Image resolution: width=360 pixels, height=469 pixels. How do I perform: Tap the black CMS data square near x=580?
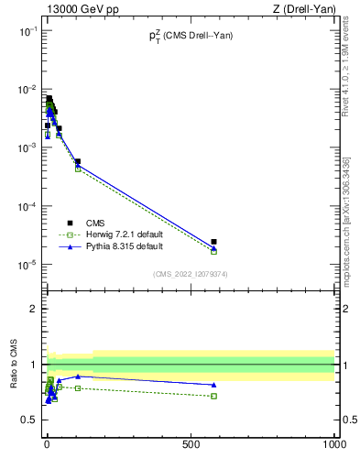pyautogui.click(x=213, y=242)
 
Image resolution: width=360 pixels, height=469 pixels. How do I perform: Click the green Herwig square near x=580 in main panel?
pyautogui.click(x=213, y=251)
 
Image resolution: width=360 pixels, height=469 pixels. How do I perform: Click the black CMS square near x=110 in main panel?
pyautogui.click(x=78, y=161)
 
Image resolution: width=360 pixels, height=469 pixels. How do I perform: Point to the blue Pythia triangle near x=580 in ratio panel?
pyautogui.click(x=213, y=385)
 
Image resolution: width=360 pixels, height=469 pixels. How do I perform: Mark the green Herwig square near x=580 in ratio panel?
pyautogui.click(x=213, y=396)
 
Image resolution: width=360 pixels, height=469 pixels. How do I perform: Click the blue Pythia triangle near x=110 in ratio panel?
pyautogui.click(x=78, y=376)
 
